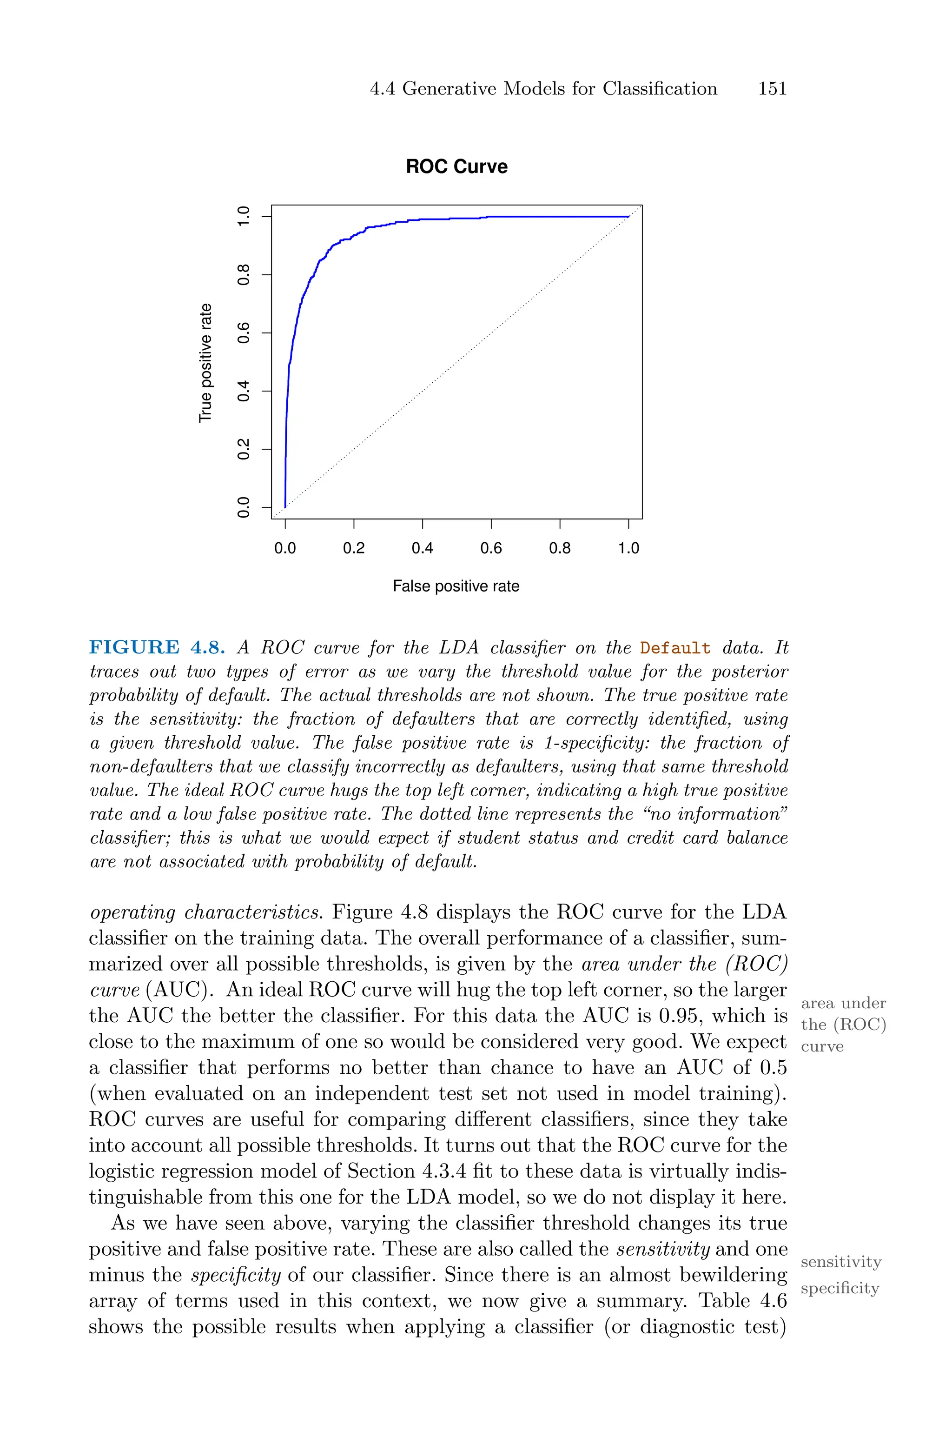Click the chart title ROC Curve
click(x=456, y=166)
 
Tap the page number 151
click(x=772, y=89)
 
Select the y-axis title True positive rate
click(x=206, y=363)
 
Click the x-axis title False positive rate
click(x=456, y=586)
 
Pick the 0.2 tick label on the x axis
click(x=353, y=548)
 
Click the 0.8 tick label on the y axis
click(x=244, y=274)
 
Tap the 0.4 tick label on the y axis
click(x=244, y=391)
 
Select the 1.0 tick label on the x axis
click(x=628, y=548)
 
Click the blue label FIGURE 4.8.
click(x=157, y=647)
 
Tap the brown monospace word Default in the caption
click(x=675, y=648)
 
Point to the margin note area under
click(x=843, y=1003)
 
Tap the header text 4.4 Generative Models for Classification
click(x=543, y=89)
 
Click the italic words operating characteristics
click(x=205, y=912)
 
